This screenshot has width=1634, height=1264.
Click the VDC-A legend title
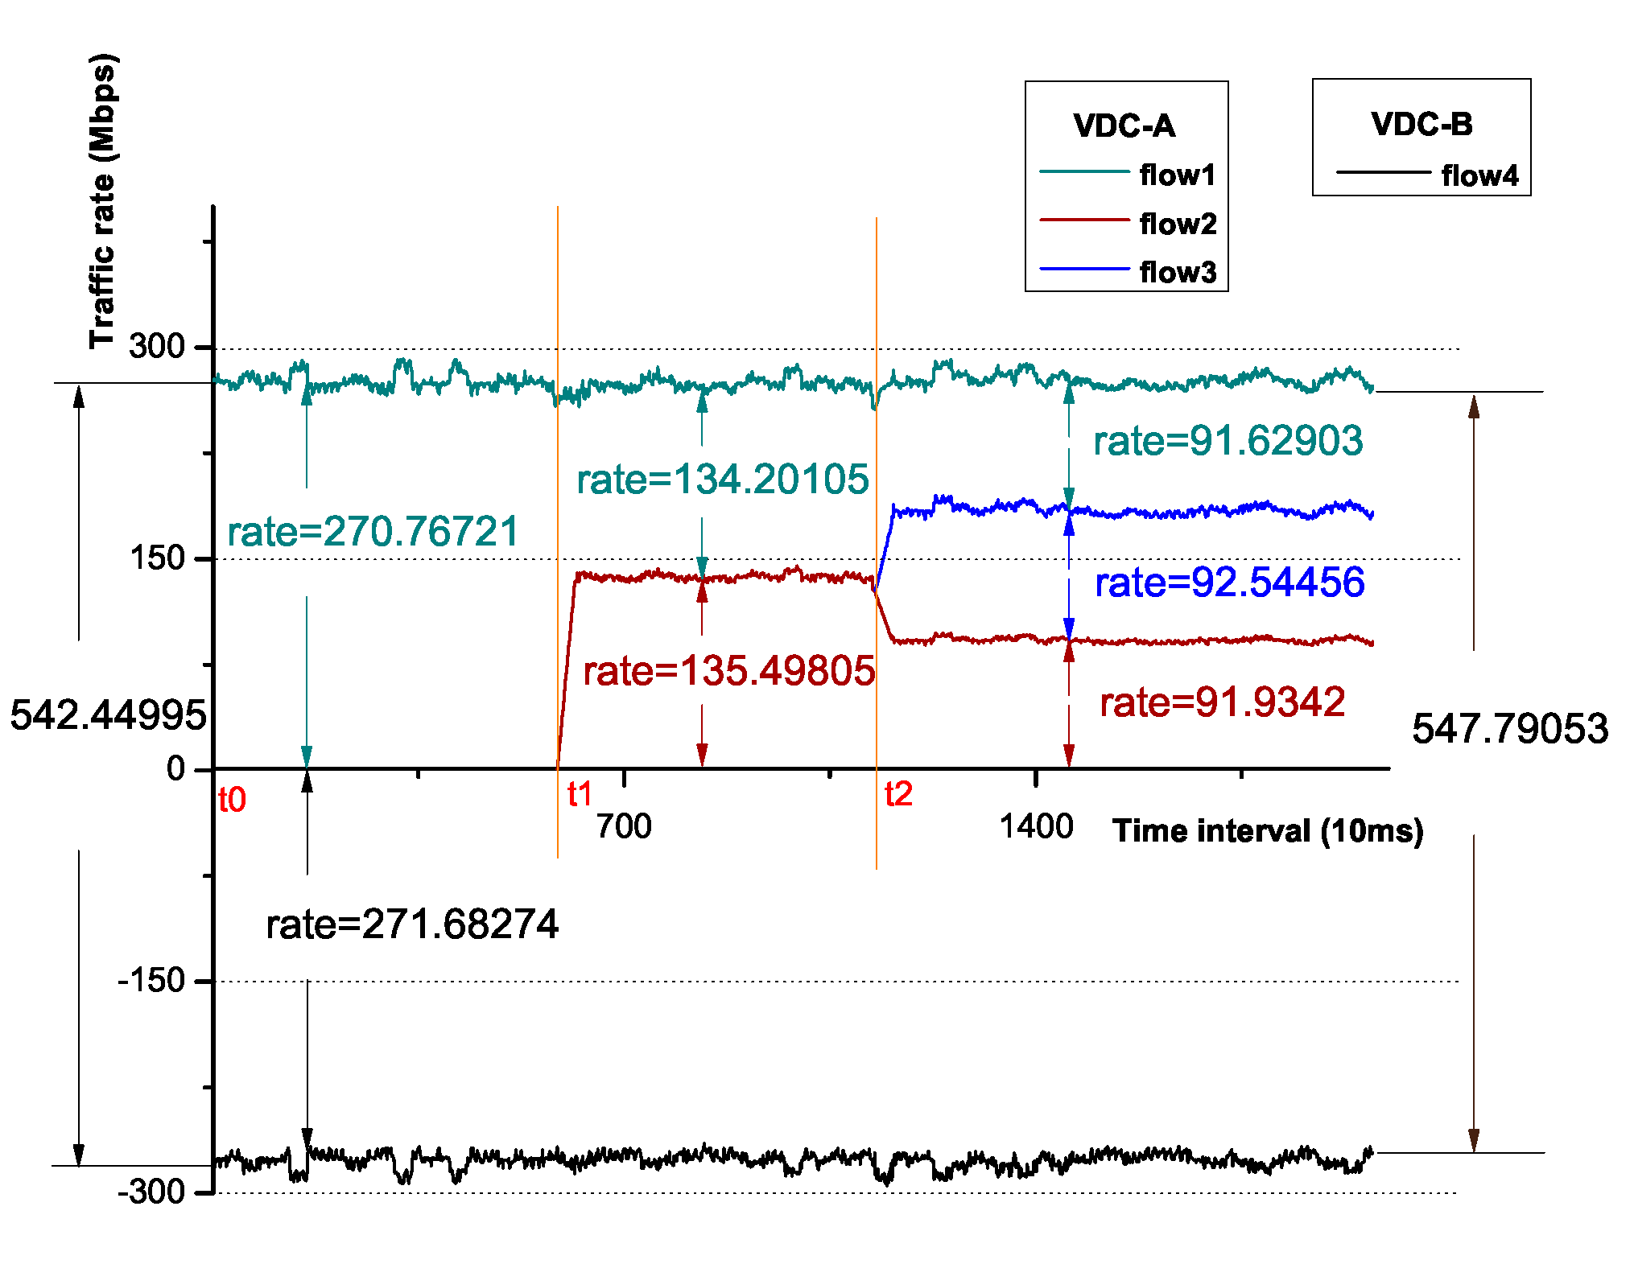[x=1124, y=126]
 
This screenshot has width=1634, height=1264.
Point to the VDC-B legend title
[x=1421, y=124]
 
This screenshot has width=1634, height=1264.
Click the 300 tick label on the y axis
[x=158, y=346]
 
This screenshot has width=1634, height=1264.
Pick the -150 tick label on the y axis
[x=152, y=980]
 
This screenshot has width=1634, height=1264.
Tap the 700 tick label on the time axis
[x=624, y=826]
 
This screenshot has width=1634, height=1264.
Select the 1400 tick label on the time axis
[x=1036, y=826]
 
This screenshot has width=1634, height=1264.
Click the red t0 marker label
[x=232, y=800]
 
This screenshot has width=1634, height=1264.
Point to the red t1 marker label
[x=580, y=794]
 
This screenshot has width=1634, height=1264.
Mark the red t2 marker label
[x=898, y=794]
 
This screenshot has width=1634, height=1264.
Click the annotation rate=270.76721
[x=373, y=532]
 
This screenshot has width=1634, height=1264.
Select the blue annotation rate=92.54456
[x=1229, y=582]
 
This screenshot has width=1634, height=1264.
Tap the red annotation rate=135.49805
[x=728, y=670]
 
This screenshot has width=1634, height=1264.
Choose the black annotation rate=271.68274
[x=412, y=924]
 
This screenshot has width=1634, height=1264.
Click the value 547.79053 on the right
[x=1510, y=728]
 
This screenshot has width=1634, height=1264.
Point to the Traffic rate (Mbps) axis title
[x=103, y=201]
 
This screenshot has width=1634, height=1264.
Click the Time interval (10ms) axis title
[x=1268, y=830]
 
